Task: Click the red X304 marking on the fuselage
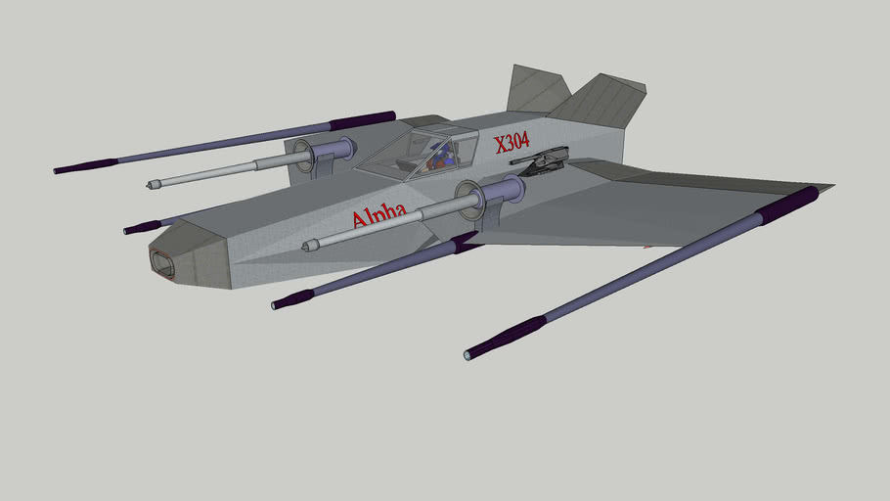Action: (x=512, y=143)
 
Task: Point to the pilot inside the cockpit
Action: (x=441, y=155)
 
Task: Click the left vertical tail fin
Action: (x=533, y=90)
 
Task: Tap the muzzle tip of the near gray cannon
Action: (x=309, y=245)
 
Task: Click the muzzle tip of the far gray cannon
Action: (x=152, y=184)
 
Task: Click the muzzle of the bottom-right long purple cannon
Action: (x=470, y=353)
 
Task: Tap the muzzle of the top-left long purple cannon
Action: (x=59, y=170)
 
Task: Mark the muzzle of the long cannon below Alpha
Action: (x=279, y=304)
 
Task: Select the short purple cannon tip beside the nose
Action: (x=132, y=229)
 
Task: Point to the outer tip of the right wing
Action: (x=827, y=186)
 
